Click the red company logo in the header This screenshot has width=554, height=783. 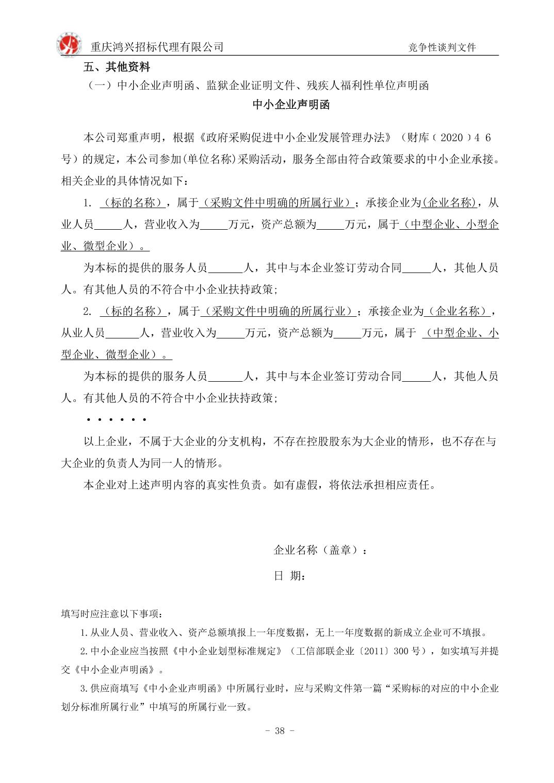[x=69, y=45]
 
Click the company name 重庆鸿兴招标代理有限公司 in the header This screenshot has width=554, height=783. [x=157, y=47]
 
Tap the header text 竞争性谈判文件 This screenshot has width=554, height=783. [x=442, y=48]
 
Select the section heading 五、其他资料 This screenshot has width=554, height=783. [x=117, y=67]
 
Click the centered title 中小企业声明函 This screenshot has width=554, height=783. [x=291, y=105]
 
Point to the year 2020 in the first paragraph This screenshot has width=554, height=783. [x=452, y=138]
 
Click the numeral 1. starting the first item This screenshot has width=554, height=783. [x=88, y=203]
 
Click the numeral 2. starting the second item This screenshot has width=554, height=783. [x=88, y=311]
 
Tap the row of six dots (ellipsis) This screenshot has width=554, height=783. [x=117, y=420]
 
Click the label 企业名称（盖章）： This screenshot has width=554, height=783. [x=320, y=550]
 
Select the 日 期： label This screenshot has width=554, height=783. [x=289, y=576]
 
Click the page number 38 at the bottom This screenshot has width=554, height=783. [x=280, y=731]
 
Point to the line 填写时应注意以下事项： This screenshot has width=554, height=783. [x=113, y=614]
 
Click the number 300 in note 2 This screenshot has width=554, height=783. [x=401, y=651]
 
